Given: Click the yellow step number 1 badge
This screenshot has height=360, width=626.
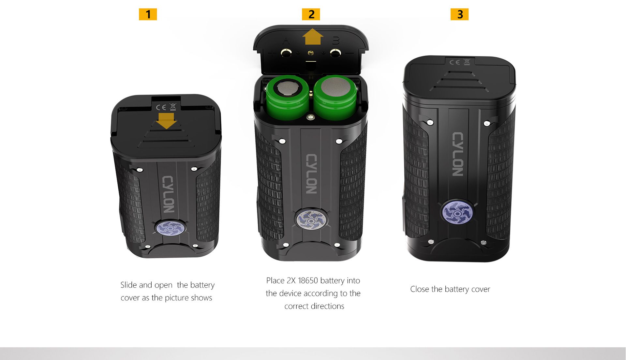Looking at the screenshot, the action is click(x=148, y=14).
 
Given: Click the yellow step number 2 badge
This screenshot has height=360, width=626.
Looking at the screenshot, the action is click(x=311, y=14).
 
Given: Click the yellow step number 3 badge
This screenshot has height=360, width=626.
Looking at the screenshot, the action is click(x=459, y=14).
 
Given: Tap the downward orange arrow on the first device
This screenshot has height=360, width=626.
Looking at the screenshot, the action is click(x=166, y=121).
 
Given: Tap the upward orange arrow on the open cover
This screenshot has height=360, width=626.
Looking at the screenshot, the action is click(x=313, y=37).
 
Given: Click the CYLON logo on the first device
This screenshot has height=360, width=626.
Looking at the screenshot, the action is click(x=168, y=194).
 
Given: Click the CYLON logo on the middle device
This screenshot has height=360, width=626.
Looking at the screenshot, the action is click(x=311, y=174).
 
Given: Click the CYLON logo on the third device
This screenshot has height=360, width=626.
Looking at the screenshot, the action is click(x=458, y=154).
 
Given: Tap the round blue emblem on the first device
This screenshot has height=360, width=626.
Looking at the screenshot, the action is click(x=170, y=228).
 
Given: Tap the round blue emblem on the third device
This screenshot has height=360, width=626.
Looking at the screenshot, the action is click(x=457, y=213).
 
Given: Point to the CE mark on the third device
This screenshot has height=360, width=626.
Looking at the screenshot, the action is click(x=455, y=62).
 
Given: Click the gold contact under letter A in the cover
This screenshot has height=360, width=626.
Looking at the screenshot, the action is click(x=286, y=52).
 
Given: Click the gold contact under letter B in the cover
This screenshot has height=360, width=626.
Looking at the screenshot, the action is click(x=335, y=52).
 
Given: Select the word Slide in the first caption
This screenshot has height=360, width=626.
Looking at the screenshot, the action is click(x=128, y=285).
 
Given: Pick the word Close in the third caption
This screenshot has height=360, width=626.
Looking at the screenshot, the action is click(x=420, y=289).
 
